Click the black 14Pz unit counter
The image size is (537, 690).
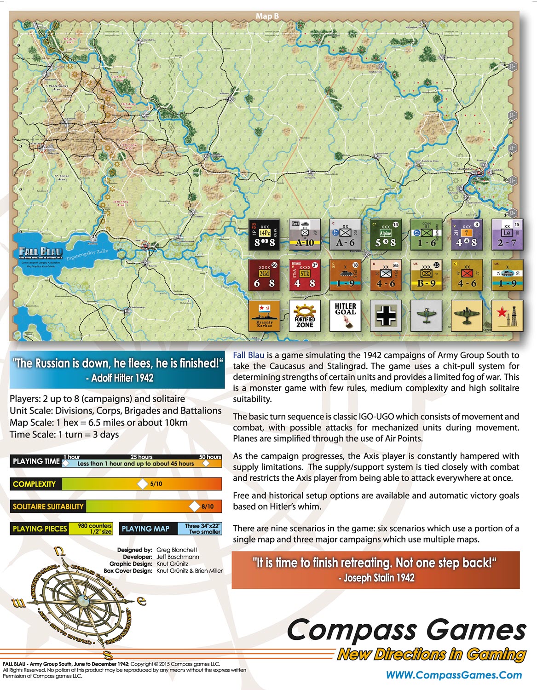pos(264,235)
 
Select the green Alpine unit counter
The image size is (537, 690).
pos(386,235)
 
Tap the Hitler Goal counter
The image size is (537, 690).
pos(345,315)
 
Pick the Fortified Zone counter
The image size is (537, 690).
pos(305,315)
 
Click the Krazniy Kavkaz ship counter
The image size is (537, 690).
pos(264,315)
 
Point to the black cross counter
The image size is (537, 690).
pos(386,315)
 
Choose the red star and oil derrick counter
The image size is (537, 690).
pos(507,315)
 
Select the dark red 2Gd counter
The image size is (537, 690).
pos(264,275)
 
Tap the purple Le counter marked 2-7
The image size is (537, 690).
pos(507,235)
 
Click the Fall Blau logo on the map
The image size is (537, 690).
pos(40,253)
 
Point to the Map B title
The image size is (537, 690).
pos(267,16)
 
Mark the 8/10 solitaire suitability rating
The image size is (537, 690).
pos(207,506)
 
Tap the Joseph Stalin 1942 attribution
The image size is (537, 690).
pos(376,578)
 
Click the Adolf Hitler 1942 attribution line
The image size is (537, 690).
pos(120,378)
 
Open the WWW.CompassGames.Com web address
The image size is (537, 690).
pos(454,675)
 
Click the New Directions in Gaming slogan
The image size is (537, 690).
pos(431,654)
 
